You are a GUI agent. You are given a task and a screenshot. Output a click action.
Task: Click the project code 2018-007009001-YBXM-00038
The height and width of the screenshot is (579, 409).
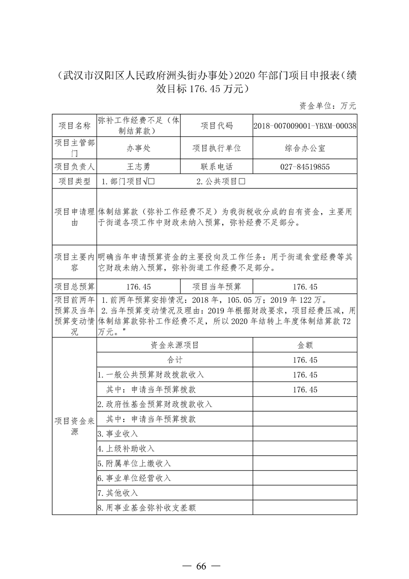(305, 125)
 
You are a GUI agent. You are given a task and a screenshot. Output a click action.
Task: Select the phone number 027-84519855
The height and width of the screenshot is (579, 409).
(305, 167)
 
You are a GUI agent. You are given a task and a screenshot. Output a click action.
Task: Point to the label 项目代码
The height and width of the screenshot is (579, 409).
(217, 125)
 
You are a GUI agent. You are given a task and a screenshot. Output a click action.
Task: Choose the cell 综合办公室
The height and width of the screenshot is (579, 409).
(305, 148)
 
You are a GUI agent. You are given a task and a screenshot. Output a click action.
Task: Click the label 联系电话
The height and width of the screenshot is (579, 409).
(217, 167)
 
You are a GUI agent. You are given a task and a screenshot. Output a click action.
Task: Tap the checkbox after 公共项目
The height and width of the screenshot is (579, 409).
(241, 182)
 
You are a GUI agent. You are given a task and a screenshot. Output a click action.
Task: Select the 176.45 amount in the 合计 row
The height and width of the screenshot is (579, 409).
(305, 360)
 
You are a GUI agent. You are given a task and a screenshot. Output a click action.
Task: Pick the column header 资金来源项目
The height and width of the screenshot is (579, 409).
(175, 345)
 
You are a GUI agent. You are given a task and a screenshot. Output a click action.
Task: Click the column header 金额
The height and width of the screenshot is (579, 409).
(305, 345)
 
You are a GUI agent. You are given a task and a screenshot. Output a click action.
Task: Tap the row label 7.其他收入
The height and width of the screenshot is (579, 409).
(118, 493)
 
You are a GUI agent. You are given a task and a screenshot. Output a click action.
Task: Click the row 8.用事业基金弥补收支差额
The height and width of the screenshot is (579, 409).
(146, 508)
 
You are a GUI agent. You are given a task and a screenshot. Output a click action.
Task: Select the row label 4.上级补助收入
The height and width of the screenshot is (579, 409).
(126, 448)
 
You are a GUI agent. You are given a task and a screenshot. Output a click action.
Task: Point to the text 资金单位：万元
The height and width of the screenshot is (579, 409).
(328, 106)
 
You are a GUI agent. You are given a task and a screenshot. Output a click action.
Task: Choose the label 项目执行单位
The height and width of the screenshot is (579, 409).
(217, 148)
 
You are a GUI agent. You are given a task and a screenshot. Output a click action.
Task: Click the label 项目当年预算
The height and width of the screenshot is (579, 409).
(217, 287)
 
